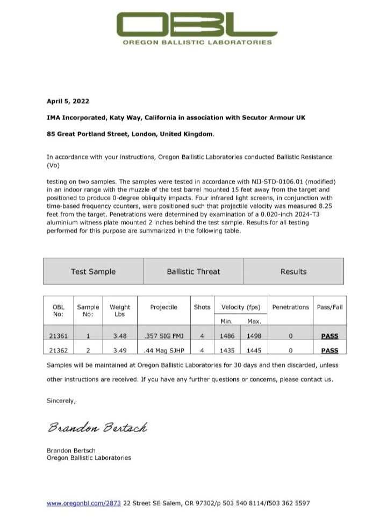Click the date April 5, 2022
click(x=68, y=101)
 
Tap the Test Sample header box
click(x=93, y=271)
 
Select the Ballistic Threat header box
click(x=193, y=271)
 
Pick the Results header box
click(x=293, y=271)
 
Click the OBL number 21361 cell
click(x=59, y=336)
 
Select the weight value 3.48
click(x=119, y=336)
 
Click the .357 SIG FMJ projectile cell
click(x=164, y=336)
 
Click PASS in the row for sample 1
click(x=329, y=336)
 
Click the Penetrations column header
click(x=290, y=307)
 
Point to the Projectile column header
click(x=164, y=307)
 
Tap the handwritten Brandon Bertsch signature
click(x=97, y=428)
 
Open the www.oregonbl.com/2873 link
click(x=83, y=503)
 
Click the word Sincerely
click(x=61, y=400)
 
